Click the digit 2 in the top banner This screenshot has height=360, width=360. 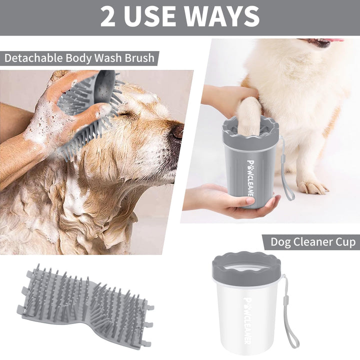(x=107, y=16)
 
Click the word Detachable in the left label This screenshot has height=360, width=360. (x=33, y=58)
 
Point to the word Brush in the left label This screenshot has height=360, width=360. (x=139, y=58)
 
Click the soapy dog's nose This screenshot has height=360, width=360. (x=177, y=131)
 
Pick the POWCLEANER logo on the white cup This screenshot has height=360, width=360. (x=247, y=320)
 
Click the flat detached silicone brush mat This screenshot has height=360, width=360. (x=85, y=306)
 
